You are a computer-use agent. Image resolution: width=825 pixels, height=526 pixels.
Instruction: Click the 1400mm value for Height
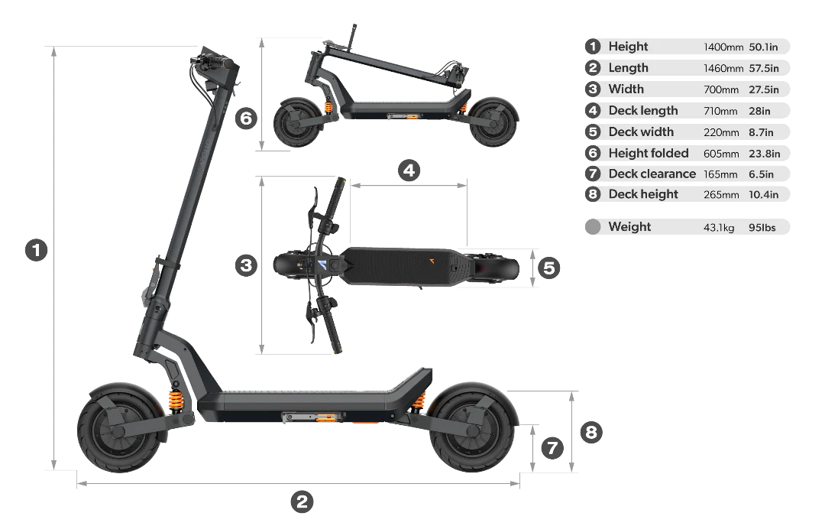click(x=723, y=47)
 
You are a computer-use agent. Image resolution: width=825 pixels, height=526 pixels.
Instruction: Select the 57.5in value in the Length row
click(x=763, y=69)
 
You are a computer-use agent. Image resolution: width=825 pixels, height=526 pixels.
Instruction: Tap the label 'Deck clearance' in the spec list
click(x=652, y=174)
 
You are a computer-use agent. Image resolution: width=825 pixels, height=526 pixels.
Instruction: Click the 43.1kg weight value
click(x=719, y=228)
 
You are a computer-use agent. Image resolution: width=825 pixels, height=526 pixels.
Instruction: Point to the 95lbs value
click(x=762, y=228)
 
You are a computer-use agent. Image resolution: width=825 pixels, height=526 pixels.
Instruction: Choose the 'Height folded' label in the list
click(x=649, y=153)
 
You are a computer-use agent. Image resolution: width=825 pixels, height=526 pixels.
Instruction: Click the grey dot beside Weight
click(x=593, y=227)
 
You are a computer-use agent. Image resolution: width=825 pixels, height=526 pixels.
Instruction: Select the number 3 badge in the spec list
click(x=593, y=89)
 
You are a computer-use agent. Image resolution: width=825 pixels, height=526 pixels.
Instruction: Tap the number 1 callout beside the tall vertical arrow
click(x=37, y=250)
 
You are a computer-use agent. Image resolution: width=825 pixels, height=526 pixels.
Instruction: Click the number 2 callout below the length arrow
click(x=302, y=502)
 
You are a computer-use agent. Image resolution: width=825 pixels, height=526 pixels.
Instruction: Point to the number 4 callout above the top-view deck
click(x=409, y=170)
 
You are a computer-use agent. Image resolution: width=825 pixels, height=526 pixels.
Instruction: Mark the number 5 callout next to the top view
click(x=548, y=268)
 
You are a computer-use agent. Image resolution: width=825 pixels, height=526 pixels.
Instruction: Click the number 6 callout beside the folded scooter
click(x=246, y=118)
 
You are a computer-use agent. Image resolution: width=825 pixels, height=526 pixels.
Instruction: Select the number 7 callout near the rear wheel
click(x=552, y=449)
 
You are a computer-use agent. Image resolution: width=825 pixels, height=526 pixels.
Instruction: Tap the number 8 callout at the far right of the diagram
click(x=591, y=432)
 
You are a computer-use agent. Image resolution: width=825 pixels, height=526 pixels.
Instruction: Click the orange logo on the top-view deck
click(x=432, y=261)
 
